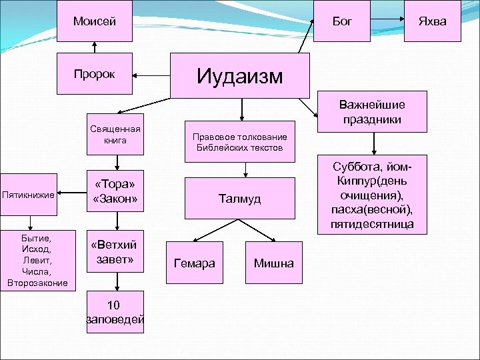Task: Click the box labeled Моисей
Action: [94, 21]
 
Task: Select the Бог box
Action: [342, 21]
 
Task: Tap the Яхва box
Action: [432, 21]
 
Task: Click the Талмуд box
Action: [240, 198]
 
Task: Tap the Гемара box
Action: [194, 263]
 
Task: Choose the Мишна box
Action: [273, 263]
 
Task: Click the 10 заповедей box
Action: [116, 314]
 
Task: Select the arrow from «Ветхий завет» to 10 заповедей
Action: [117, 282]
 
